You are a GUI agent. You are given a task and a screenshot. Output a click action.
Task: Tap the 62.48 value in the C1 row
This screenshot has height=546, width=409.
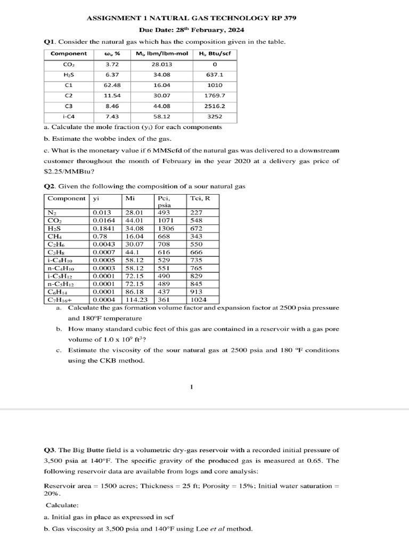coord(112,85)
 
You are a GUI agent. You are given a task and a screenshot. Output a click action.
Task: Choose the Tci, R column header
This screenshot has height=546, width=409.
coord(200,198)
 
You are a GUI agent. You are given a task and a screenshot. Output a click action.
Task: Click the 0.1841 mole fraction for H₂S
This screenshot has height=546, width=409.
coord(102,228)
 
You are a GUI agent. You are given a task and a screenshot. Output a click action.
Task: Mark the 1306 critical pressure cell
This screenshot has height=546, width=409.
coord(166,228)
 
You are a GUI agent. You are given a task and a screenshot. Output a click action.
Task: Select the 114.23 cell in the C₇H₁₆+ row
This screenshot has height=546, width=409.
coord(135,300)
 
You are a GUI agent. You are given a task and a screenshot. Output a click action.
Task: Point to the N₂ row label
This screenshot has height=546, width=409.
coord(52,212)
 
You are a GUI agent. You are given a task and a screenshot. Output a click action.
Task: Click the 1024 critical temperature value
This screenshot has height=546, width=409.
coord(199,300)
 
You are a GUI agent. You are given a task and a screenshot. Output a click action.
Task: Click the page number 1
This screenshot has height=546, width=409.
coord(191,388)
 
